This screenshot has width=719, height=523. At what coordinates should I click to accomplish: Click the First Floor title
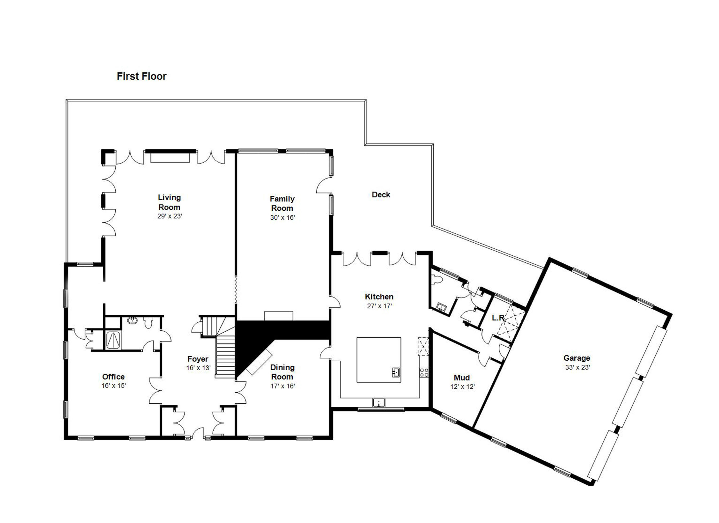[x=141, y=76]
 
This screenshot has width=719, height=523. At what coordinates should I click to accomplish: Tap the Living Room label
[x=169, y=202]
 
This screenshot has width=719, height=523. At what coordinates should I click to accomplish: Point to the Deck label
[x=381, y=194]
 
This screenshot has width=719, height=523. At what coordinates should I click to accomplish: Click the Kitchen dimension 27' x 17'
[x=379, y=306]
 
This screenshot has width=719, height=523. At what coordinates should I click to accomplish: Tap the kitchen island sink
[x=396, y=372]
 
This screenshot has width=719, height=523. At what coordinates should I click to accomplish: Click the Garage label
[x=576, y=358]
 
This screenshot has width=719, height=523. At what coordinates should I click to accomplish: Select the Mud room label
[x=462, y=377]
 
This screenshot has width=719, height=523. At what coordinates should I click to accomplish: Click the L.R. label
[x=498, y=317]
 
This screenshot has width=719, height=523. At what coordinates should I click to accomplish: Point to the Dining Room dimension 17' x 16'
[x=283, y=386]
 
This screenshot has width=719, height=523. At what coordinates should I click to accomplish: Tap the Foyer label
[x=197, y=359]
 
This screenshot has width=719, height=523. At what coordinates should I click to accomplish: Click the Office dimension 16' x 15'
[x=114, y=386]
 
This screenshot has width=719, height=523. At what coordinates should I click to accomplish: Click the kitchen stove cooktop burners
[x=424, y=372]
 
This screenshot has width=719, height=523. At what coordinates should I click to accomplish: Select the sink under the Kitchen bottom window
[x=379, y=403]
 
